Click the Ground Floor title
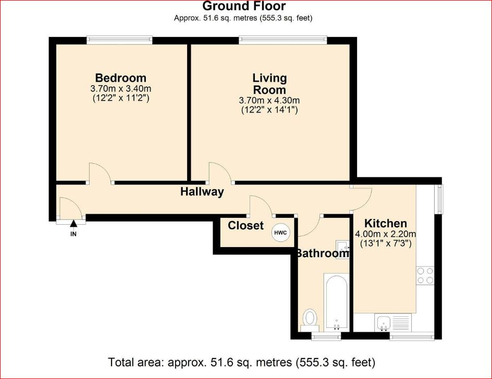click(244, 7)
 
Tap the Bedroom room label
click(120, 79)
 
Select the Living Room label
click(269, 83)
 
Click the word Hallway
click(202, 192)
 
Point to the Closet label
click(245, 226)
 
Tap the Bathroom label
click(322, 254)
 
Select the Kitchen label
click(386, 224)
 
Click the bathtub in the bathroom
click(337, 301)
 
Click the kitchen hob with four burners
click(425, 275)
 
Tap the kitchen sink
click(384, 322)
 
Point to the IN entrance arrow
click(73, 225)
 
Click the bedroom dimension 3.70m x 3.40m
click(120, 89)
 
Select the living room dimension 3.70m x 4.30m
click(269, 101)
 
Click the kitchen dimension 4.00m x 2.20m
click(386, 234)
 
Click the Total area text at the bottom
click(241, 361)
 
